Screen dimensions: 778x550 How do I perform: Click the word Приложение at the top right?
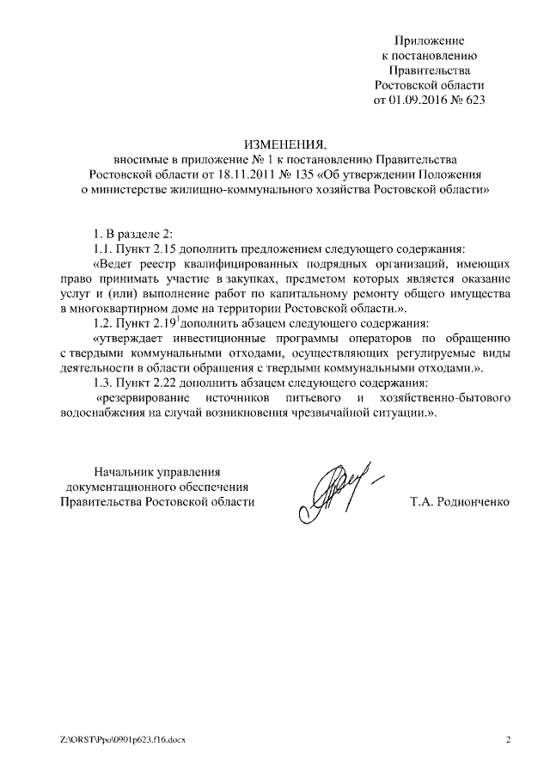click(x=430, y=40)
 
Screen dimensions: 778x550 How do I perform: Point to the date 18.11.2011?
click(x=229, y=174)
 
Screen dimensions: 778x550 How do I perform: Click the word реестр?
click(x=156, y=264)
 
